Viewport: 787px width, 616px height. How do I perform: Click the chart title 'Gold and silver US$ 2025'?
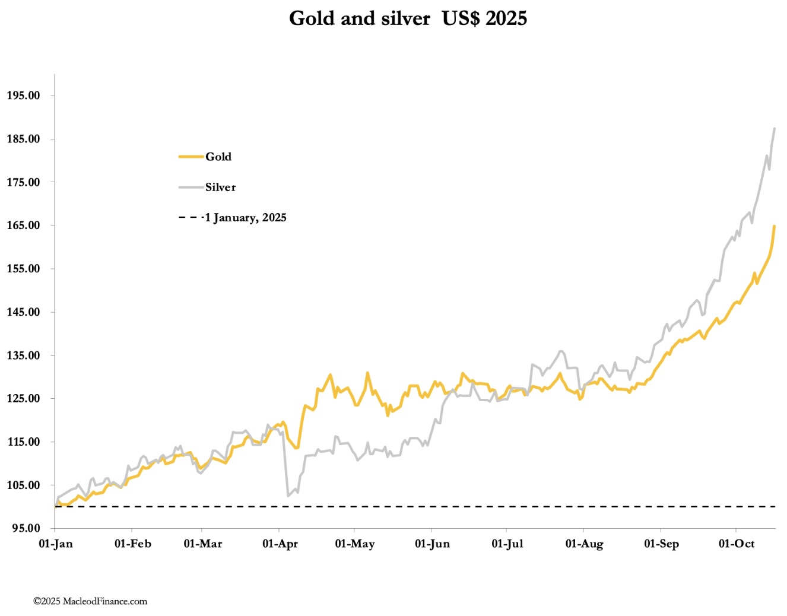point(408,18)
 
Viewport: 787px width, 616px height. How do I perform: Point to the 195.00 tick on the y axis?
point(24,96)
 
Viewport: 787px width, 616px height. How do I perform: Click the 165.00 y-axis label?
point(24,226)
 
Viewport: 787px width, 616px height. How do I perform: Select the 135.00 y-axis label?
point(24,355)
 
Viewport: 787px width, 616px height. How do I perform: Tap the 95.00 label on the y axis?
point(26,528)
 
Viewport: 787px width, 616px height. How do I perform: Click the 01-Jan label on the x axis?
point(56,544)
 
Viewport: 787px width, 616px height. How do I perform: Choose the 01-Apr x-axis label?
point(280,544)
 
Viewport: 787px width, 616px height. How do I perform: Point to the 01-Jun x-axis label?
point(432,544)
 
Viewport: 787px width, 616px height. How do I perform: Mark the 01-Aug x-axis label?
point(584,544)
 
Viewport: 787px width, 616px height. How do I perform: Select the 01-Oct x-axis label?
point(737,544)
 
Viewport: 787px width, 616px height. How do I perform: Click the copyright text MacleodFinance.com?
point(90,601)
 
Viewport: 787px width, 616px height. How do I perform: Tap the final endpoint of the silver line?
point(775,128)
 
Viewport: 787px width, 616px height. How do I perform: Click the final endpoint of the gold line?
point(775,226)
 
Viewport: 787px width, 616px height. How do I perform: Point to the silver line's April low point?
point(288,496)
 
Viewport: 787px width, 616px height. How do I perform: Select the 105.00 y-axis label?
point(24,485)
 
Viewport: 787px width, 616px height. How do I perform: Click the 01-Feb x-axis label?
point(132,544)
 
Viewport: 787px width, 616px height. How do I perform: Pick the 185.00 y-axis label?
point(24,139)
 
